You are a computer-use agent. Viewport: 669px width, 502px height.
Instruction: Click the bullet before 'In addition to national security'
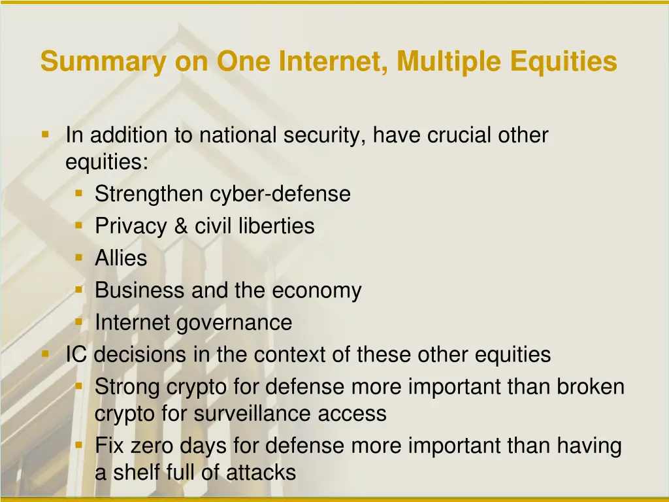click(x=45, y=135)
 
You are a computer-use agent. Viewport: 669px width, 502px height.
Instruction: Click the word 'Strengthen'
click(x=149, y=194)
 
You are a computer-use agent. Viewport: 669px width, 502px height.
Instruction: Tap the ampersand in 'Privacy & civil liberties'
click(x=180, y=226)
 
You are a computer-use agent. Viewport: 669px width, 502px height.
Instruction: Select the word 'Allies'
click(x=121, y=258)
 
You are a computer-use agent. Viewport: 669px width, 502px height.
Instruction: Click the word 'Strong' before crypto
click(x=127, y=387)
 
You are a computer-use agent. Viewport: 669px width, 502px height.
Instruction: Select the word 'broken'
click(x=591, y=387)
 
